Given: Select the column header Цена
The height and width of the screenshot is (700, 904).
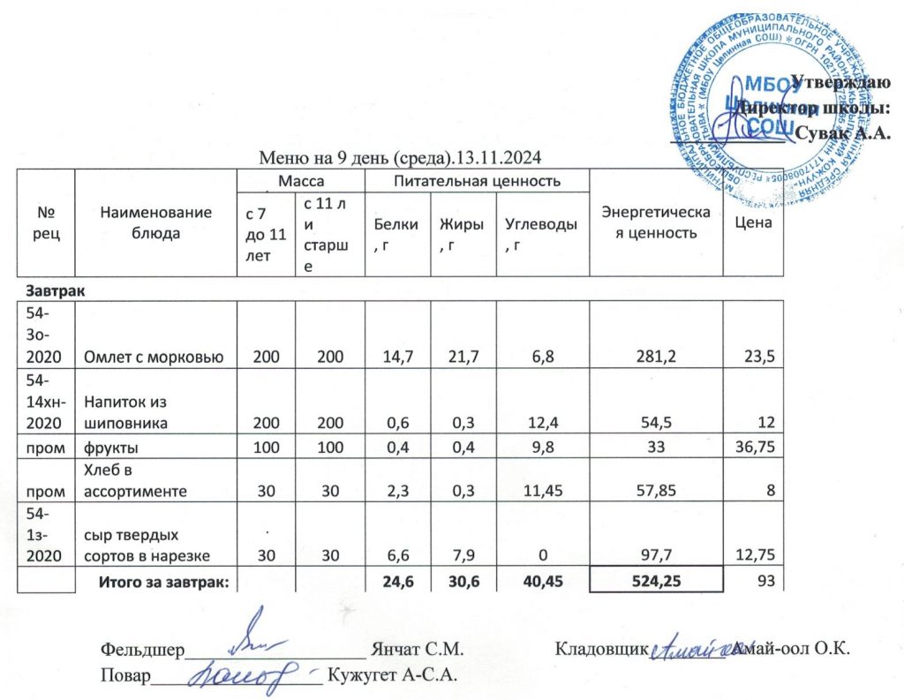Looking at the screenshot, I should tap(752, 222).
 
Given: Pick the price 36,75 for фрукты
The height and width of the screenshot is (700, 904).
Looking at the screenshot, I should tap(753, 448).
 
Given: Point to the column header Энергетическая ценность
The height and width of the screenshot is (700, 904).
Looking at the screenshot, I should tap(654, 222).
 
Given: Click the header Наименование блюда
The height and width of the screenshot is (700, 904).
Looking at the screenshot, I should tap(155, 222).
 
